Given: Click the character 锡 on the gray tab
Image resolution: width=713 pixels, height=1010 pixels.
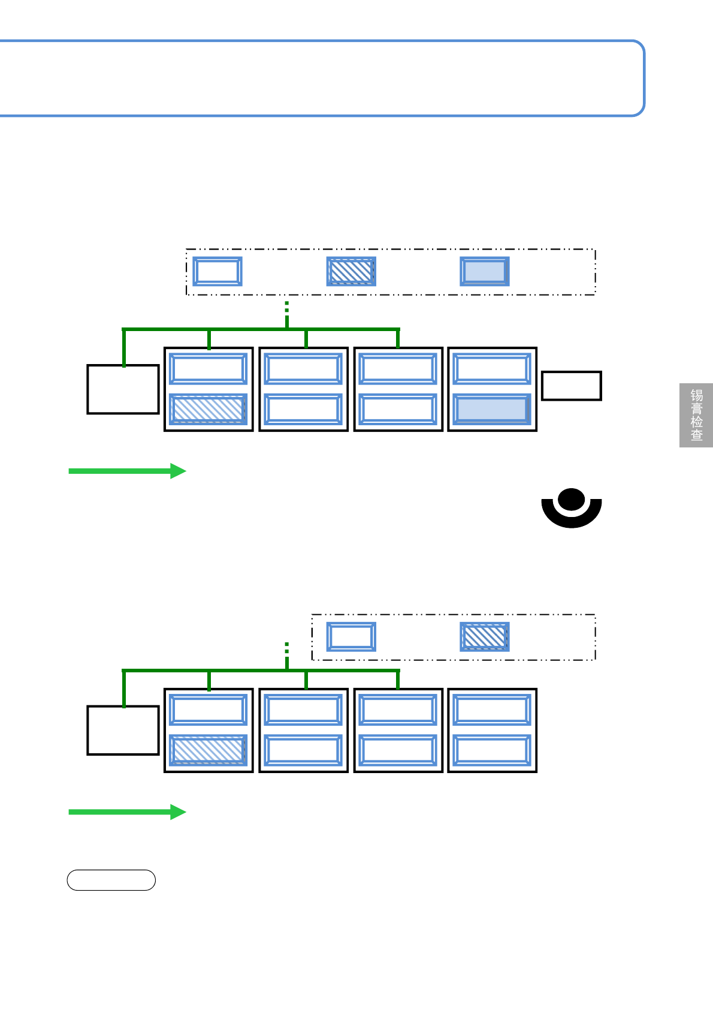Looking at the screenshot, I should [x=696, y=395].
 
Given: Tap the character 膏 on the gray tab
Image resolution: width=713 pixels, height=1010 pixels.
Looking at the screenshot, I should [x=696, y=408].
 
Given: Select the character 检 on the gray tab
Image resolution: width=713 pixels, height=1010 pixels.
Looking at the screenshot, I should [x=696, y=422].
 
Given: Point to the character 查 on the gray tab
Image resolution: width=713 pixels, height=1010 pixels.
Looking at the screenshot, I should [x=696, y=435].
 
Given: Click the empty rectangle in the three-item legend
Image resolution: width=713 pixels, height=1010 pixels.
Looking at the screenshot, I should [x=217, y=271].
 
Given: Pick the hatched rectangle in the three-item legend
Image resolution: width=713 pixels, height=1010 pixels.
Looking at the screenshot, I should [x=351, y=271].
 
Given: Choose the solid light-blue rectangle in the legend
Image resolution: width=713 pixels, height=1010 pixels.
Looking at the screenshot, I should [x=485, y=271].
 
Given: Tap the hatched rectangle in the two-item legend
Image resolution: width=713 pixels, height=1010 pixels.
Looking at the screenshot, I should [x=485, y=636].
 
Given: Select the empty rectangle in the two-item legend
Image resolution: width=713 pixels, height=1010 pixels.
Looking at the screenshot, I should [x=351, y=636].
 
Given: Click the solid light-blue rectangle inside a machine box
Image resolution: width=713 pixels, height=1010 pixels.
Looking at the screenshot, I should [x=492, y=409].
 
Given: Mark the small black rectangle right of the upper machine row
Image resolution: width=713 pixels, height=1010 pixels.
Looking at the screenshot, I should [x=572, y=386].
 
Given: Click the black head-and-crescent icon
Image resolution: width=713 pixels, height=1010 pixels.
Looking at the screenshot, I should [x=572, y=509].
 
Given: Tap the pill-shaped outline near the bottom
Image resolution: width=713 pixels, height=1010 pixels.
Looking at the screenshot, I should [x=111, y=880].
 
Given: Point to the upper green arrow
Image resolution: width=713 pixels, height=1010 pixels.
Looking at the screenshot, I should [x=127, y=471].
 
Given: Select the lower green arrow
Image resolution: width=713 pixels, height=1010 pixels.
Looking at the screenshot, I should [x=127, y=812].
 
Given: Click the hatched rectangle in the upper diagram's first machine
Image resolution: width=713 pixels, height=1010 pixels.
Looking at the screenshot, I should [x=209, y=409].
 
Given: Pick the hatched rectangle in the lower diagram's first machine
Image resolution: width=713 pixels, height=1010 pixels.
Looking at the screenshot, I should [x=209, y=750].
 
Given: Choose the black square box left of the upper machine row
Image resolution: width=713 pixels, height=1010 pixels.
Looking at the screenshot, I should [x=123, y=389].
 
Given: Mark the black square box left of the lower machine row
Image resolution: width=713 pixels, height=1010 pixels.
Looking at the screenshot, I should [x=123, y=731].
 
